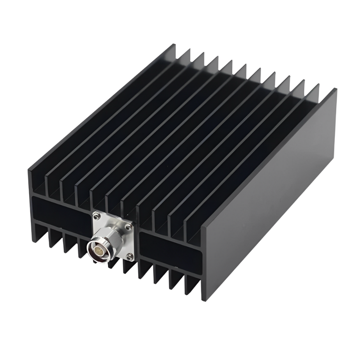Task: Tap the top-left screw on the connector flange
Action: point(96,216)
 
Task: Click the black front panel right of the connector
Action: point(169,248)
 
